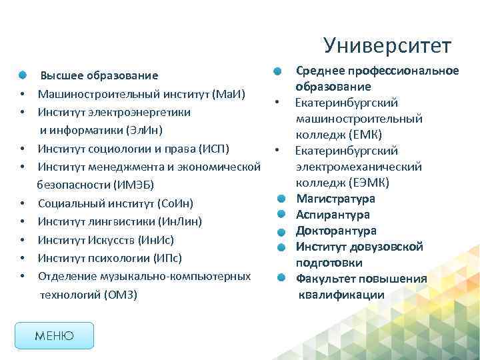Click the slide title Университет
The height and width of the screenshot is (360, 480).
pyautogui.click(x=387, y=45)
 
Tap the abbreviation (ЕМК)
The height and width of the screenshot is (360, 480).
pyautogui.click(x=361, y=135)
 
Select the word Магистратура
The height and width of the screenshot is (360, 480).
pyautogui.click(x=335, y=199)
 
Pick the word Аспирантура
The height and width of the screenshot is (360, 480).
pyautogui.click(x=333, y=215)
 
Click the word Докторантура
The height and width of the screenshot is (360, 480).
pyautogui.click(x=336, y=231)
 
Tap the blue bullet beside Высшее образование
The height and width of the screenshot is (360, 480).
pyautogui.click(x=23, y=75)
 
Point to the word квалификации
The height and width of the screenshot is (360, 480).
pyautogui.click(x=341, y=295)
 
